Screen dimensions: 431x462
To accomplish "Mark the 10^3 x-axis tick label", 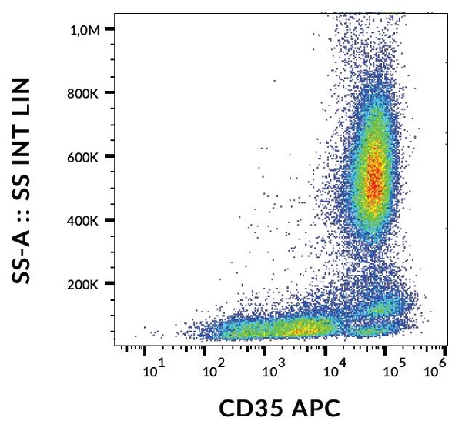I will click(x=272, y=373).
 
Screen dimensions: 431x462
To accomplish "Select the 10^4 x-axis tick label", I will click(x=333, y=373).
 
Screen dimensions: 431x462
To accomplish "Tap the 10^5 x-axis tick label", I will click(x=394, y=373).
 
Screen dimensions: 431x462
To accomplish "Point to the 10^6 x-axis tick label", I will click(x=435, y=373).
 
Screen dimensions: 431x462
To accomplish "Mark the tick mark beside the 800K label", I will click(x=109, y=93).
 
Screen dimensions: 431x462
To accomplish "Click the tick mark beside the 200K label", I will click(x=109, y=284).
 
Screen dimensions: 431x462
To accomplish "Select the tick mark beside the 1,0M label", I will click(x=109, y=29).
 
